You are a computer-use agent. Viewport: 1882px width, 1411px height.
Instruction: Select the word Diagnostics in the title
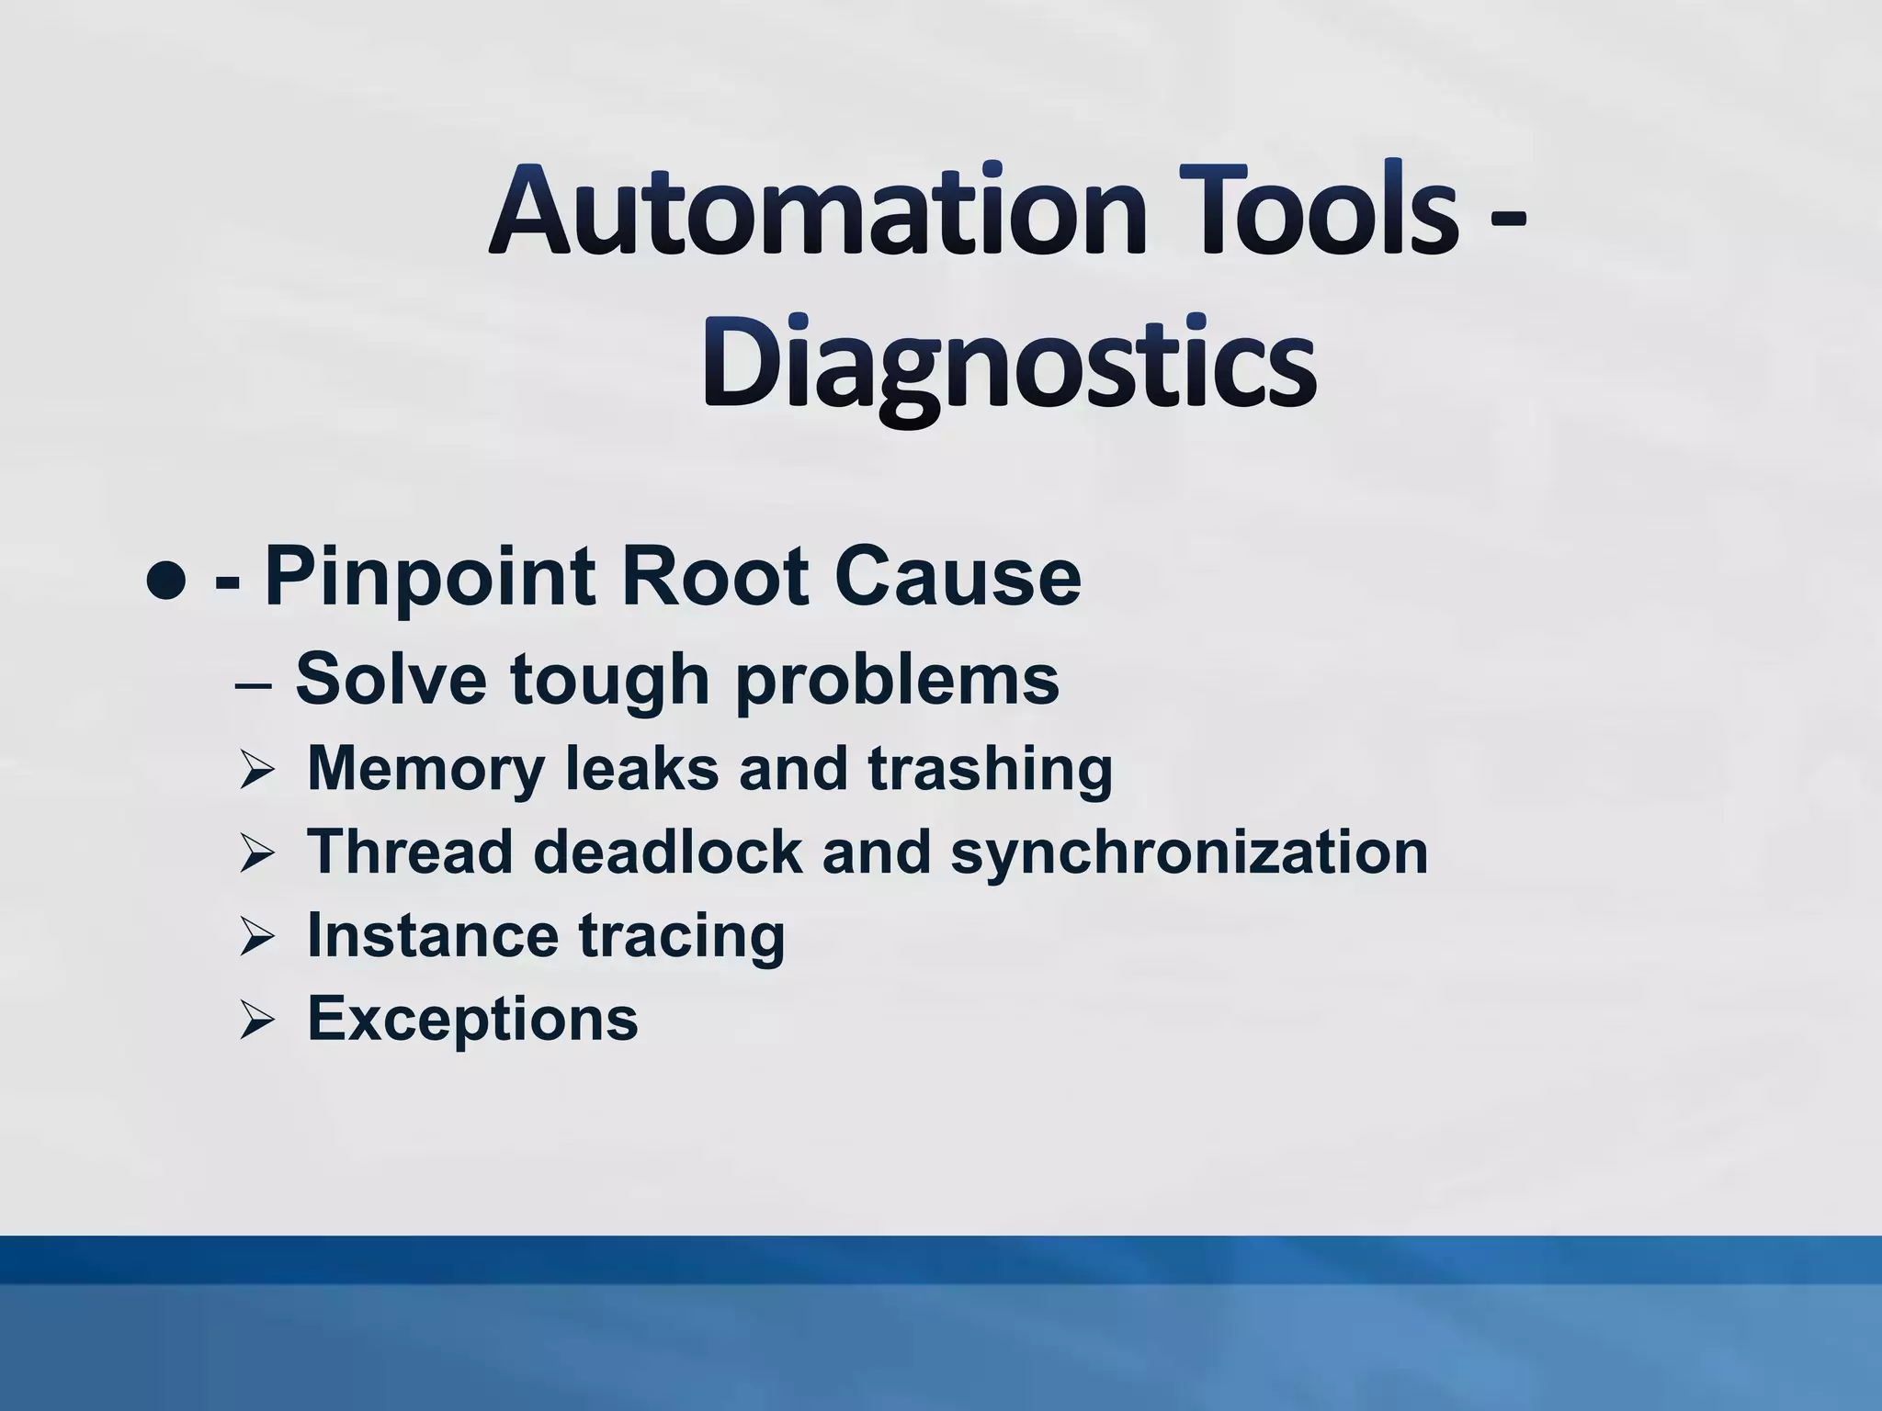coord(1009,367)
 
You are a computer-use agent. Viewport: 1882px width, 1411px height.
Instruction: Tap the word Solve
coord(391,679)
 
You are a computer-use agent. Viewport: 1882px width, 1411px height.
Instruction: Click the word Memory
coord(425,769)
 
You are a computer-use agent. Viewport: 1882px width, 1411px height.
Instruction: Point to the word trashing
coord(990,769)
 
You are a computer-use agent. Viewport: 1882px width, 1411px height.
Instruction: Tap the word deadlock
coord(667,852)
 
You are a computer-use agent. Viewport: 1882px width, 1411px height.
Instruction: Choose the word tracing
coord(681,936)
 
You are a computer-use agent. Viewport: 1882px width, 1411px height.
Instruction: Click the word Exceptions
coord(472,1020)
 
